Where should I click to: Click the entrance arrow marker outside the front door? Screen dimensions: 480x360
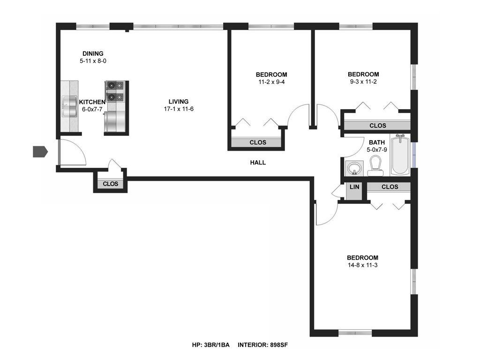point(40,151)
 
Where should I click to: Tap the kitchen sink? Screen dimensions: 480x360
point(69,106)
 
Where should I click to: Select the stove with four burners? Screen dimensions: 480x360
point(115,91)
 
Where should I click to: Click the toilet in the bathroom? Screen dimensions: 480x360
point(375,166)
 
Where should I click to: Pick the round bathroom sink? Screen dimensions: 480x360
point(355,168)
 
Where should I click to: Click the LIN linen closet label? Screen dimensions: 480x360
point(354,187)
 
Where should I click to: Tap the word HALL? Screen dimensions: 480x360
point(258,163)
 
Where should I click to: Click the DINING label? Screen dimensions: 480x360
point(93,53)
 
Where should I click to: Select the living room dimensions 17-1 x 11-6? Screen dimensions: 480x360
point(179,109)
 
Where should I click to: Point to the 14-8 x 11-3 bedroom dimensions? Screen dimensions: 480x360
point(362,265)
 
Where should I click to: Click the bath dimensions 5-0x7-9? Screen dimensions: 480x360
point(377,150)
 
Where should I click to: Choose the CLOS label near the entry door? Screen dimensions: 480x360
point(110,184)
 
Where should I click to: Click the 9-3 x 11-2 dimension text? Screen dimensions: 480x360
point(363,82)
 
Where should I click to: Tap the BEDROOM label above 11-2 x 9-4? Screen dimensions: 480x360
point(271,75)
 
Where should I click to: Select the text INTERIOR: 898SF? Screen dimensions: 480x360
point(262,345)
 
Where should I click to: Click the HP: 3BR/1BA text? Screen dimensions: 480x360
point(210,345)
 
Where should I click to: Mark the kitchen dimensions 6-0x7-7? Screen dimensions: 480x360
point(92,109)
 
